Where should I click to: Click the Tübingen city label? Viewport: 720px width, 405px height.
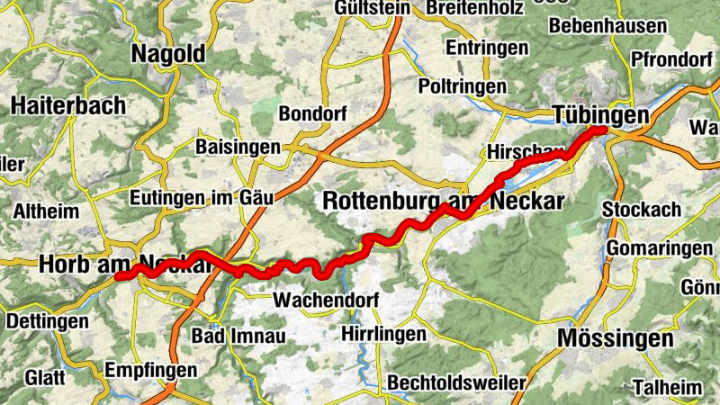coord(600,116)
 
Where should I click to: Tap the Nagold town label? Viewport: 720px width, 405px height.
coord(168,53)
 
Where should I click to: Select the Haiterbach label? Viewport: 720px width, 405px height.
coord(68,105)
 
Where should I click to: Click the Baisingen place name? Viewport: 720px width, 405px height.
coord(238,146)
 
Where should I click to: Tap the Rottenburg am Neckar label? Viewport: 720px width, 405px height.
coord(442,200)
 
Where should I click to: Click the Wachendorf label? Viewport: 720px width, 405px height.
coord(328,299)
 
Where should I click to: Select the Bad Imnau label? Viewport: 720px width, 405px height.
coord(238,336)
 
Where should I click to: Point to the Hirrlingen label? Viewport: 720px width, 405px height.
coord(384,334)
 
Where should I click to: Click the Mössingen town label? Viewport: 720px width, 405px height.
coord(616,338)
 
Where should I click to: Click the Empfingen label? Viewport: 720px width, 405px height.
coord(151,370)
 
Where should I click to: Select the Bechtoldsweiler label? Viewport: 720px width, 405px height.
coord(456,382)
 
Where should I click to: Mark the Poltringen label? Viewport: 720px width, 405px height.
coord(463,85)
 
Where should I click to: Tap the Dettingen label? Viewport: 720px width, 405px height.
coord(44,319)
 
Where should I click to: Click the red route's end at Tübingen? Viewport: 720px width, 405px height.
coord(601,131)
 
